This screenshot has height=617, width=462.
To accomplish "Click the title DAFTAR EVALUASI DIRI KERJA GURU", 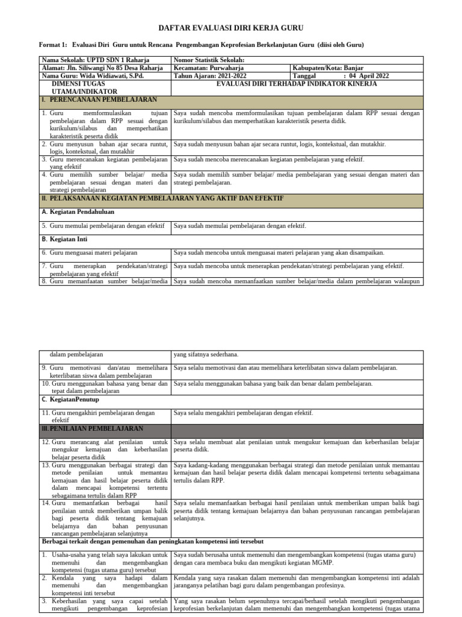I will click(231, 28).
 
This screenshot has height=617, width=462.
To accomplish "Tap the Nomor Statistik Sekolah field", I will click(209, 60).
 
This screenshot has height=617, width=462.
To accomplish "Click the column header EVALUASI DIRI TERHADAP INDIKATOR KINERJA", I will click(297, 84).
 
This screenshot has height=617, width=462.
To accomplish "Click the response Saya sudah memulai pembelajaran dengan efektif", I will click(240, 226).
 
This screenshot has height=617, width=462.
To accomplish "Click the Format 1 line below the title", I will click(202, 45).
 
